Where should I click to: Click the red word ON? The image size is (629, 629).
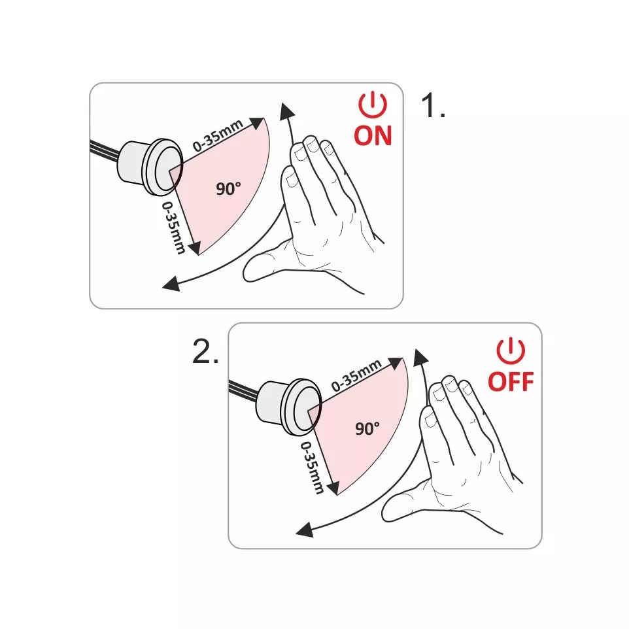pyautogui.click(x=373, y=135)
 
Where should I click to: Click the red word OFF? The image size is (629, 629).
pyautogui.click(x=511, y=381)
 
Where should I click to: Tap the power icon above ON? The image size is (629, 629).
pyautogui.click(x=373, y=105)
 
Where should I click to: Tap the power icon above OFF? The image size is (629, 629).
pyautogui.click(x=511, y=350)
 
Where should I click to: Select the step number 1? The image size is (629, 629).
pyautogui.click(x=433, y=105)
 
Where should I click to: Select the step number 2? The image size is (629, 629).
pyautogui.click(x=205, y=351)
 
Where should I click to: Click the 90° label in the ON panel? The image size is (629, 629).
pyautogui.click(x=228, y=188)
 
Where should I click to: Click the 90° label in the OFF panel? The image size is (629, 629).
pyautogui.click(x=367, y=428)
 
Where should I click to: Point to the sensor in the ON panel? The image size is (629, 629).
pyautogui.click(x=150, y=167)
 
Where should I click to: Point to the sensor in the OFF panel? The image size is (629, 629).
pyautogui.click(x=289, y=407)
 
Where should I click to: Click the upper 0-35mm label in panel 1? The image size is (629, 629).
pyautogui.click(x=218, y=135)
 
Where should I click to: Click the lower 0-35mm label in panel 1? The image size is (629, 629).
pyautogui.click(x=174, y=228)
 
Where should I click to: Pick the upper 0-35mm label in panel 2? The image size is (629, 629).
pyautogui.click(x=356, y=375)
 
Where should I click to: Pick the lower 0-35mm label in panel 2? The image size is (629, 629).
pyautogui.click(x=312, y=467)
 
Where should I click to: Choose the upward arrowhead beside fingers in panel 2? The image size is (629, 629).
pyautogui.click(x=420, y=356)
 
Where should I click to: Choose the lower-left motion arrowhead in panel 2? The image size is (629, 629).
pyautogui.click(x=305, y=530)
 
